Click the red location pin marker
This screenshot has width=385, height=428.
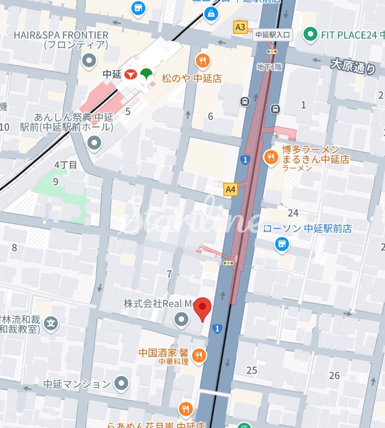(202, 309)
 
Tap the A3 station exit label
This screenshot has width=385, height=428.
(240, 27)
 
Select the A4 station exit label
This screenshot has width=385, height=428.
(230, 189)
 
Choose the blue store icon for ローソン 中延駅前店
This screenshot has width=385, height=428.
(281, 244)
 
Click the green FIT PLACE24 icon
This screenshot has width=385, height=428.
(310, 34)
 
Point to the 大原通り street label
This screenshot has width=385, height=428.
(353, 66)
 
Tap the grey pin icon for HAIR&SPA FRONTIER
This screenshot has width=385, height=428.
(88, 60)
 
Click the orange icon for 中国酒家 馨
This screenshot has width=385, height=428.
(199, 355)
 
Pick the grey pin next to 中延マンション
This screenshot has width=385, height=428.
(122, 383)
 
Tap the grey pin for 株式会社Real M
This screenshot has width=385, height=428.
(181, 319)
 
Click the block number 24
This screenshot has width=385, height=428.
(293, 213)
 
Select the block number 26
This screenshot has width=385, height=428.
(334, 375)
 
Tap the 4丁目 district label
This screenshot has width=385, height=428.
(66, 165)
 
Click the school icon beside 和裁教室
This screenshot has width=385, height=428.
(52, 323)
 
